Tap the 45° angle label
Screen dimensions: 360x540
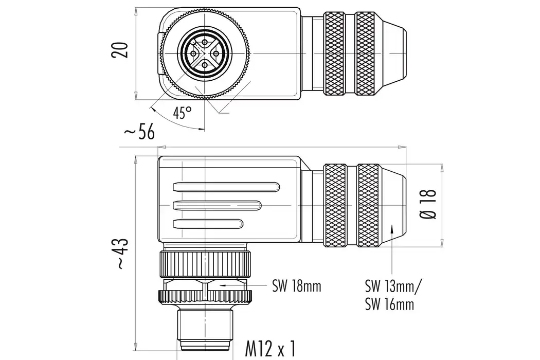pyautogui.click(x=182, y=113)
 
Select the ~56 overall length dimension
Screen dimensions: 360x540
pyautogui.click(x=139, y=132)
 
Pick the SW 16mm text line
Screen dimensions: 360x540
pyautogui.click(x=389, y=304)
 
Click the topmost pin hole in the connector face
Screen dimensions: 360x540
pyautogui.click(x=205, y=42)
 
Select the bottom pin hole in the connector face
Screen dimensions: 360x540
pyautogui.click(x=205, y=65)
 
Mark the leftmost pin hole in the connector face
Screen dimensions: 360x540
pyautogui.click(x=193, y=53)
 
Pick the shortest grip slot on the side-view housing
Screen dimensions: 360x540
pyautogui.click(x=208, y=224)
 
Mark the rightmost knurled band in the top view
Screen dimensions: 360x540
pyautogui.click(x=365, y=53)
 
